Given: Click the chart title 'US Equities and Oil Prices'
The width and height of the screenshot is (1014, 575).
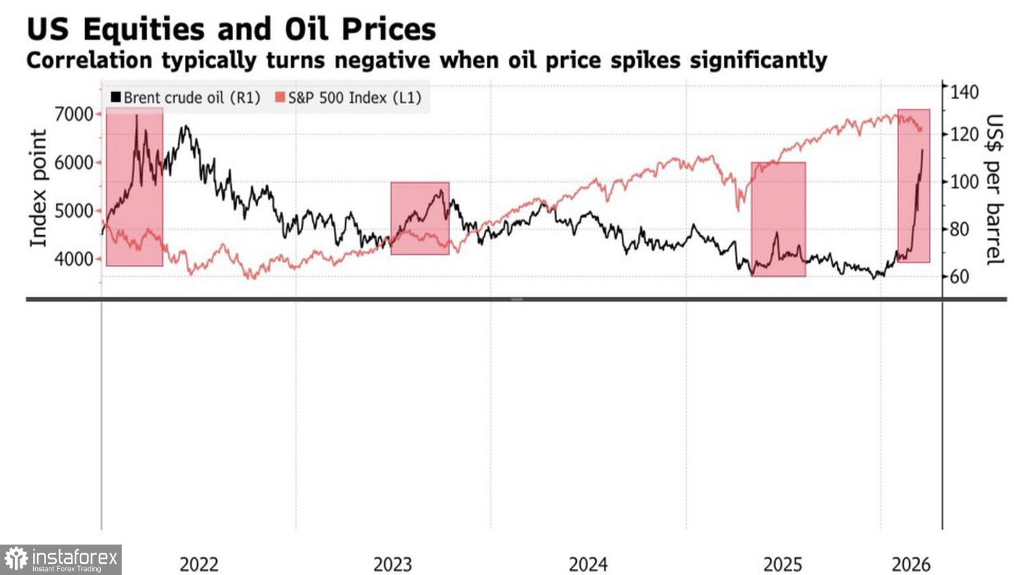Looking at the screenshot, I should click(231, 29).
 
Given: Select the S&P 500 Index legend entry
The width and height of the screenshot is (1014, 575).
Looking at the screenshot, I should click(348, 97).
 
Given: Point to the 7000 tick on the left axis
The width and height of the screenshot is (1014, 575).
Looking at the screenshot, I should click(74, 114).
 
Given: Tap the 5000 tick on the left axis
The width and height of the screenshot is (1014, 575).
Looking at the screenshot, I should click(74, 210).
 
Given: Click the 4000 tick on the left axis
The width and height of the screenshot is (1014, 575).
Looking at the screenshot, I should click(74, 259).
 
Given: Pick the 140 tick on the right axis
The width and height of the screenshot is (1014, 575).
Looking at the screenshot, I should click(964, 91).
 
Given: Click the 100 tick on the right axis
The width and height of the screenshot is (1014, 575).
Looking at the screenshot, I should click(964, 182).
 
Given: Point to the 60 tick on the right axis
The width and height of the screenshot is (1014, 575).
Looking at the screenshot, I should click(959, 277).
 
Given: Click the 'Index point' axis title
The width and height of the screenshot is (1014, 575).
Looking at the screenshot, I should click(39, 188).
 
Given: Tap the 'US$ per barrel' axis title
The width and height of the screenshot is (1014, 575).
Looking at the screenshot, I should click(993, 189).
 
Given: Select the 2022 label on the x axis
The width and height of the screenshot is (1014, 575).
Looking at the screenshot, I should click(199, 564).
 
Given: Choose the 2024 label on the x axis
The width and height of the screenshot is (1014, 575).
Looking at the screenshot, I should click(588, 564).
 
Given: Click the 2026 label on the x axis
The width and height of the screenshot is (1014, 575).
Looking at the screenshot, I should click(911, 564).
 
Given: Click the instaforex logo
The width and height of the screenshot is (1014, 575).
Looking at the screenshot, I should click(61, 559).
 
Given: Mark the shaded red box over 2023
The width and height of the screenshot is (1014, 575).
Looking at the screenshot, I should click(420, 218).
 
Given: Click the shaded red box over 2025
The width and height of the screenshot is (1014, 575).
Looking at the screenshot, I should click(778, 219).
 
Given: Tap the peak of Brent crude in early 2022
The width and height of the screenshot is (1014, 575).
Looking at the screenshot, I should click(137, 116).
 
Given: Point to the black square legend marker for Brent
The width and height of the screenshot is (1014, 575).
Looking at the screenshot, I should click(116, 97).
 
